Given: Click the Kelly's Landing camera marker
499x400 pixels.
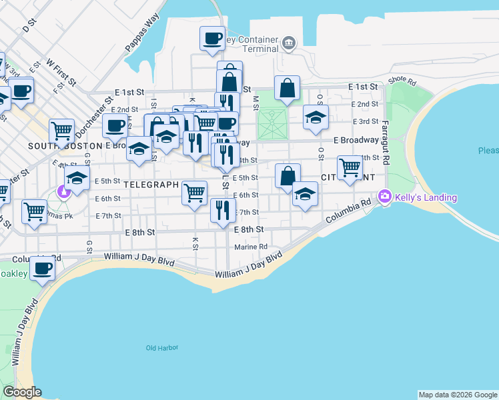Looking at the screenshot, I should (384, 197).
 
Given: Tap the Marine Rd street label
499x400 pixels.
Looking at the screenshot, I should (250, 247).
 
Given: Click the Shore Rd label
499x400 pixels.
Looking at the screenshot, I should (402, 81).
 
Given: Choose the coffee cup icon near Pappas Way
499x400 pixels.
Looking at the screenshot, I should (212, 38).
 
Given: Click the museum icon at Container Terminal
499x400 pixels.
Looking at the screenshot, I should (288, 44).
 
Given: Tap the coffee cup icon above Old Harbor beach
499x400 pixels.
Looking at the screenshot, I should (43, 269).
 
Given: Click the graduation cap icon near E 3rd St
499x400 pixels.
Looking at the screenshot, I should (316, 117).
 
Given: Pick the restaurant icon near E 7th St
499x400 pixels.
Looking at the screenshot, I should (223, 209).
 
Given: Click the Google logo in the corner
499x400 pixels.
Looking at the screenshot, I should (22, 392).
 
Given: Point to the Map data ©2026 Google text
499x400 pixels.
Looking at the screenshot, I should (458, 395).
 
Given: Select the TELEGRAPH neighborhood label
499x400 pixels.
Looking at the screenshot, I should (151, 185).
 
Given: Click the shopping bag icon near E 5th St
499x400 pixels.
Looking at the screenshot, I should (287, 176).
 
